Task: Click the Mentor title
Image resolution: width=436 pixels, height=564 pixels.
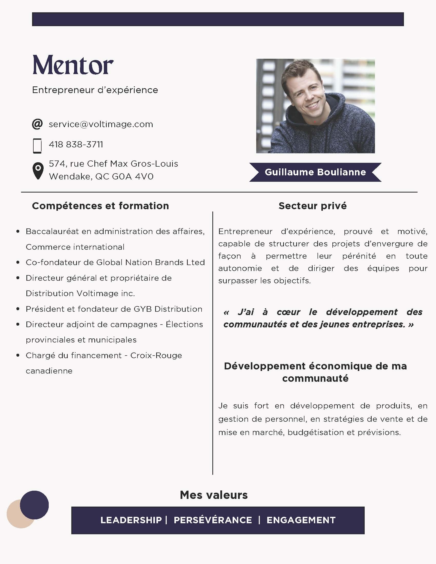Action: pyautogui.click(x=73, y=65)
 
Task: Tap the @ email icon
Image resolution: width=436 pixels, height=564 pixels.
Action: pyautogui.click(x=37, y=124)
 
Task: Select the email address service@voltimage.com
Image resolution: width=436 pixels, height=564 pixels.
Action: pyautogui.click(x=101, y=124)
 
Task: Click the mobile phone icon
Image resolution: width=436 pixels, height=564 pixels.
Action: pyautogui.click(x=37, y=146)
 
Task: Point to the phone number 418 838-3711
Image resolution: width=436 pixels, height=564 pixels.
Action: pyautogui.click(x=76, y=144)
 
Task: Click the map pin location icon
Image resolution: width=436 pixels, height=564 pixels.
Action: pyautogui.click(x=38, y=171)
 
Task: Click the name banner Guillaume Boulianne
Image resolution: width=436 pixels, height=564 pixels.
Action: pyautogui.click(x=315, y=172)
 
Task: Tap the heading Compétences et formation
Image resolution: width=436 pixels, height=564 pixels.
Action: pyautogui.click(x=100, y=206)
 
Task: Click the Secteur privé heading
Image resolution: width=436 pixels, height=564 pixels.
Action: pyautogui.click(x=313, y=206)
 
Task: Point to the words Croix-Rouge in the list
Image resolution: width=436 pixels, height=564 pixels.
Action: pyautogui.click(x=156, y=355)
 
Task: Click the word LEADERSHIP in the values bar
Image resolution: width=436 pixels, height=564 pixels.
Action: pyautogui.click(x=131, y=520)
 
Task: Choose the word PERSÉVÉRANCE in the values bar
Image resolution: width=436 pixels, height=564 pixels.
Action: pyautogui.click(x=213, y=520)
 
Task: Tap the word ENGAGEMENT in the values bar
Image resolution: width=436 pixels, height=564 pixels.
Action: pyautogui.click(x=301, y=520)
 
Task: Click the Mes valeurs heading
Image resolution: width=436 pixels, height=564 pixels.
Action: pyautogui.click(x=214, y=495)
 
